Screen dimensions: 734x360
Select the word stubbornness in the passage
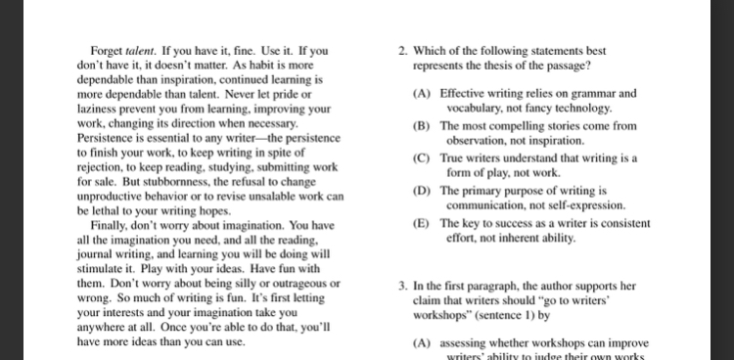[x=152, y=181]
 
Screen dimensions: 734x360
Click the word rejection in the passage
[x=101, y=166]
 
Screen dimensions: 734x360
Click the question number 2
[x=403, y=51]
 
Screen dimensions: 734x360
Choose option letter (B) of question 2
[x=422, y=126]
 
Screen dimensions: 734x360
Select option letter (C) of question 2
[x=422, y=157]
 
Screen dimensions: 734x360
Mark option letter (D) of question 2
[x=422, y=191]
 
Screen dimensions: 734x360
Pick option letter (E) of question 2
[x=422, y=223]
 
